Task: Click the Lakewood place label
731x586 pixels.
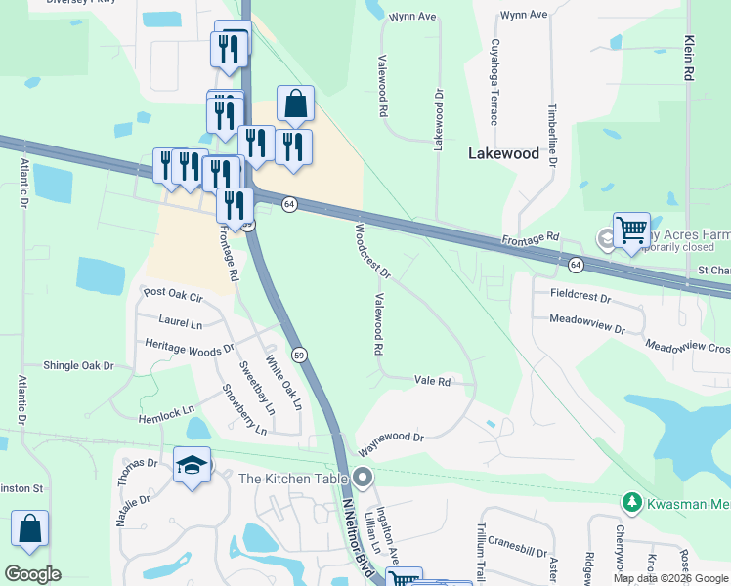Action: click(503, 153)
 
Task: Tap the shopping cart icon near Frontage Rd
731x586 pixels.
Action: click(631, 230)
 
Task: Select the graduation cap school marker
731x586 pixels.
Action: click(192, 466)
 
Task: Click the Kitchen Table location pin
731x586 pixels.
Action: click(364, 478)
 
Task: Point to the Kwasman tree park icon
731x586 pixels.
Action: click(631, 502)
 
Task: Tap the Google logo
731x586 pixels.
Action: click(32, 574)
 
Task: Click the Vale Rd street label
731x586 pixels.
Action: click(432, 381)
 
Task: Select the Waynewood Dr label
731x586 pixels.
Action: click(391, 444)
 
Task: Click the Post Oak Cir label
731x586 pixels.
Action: click(172, 294)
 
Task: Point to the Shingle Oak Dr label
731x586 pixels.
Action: click(78, 365)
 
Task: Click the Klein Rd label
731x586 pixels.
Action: click(690, 58)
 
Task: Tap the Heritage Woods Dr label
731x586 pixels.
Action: click(190, 346)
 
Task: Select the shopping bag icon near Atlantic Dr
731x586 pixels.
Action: click(30, 528)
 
